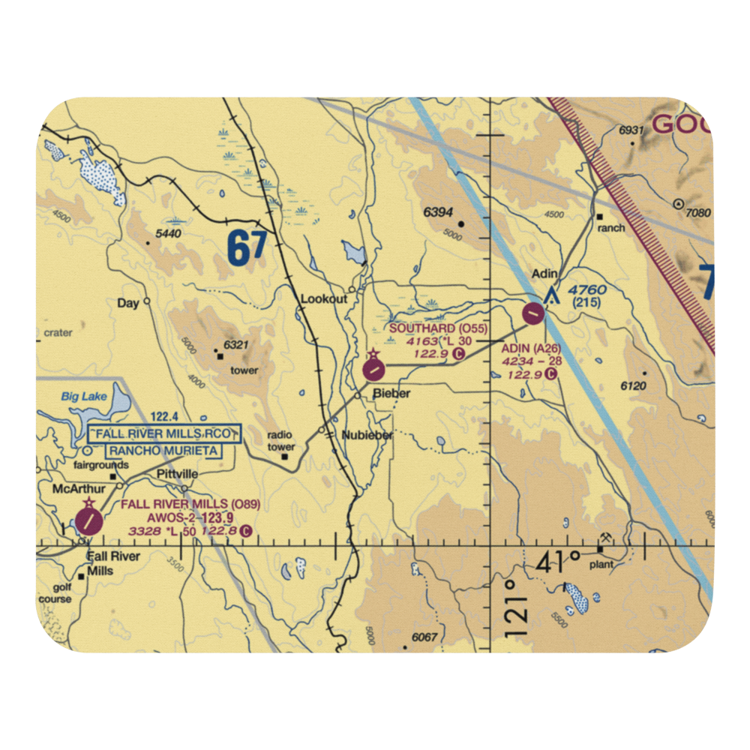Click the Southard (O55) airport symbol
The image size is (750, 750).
coord(373,369)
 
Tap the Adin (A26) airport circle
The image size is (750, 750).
coord(533,312)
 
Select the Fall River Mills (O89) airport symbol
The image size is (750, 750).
coord(88,520)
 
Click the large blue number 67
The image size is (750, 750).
coord(247,250)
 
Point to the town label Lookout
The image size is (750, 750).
coord(323,298)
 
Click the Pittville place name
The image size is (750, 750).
coord(177,475)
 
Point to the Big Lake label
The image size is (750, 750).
coord(84,396)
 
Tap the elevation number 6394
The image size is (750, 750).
coord(438,212)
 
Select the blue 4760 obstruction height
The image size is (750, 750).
coord(586,289)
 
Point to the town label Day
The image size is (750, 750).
coord(128,303)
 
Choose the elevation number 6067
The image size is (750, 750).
coord(424,637)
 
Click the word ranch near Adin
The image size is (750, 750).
coord(611,227)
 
